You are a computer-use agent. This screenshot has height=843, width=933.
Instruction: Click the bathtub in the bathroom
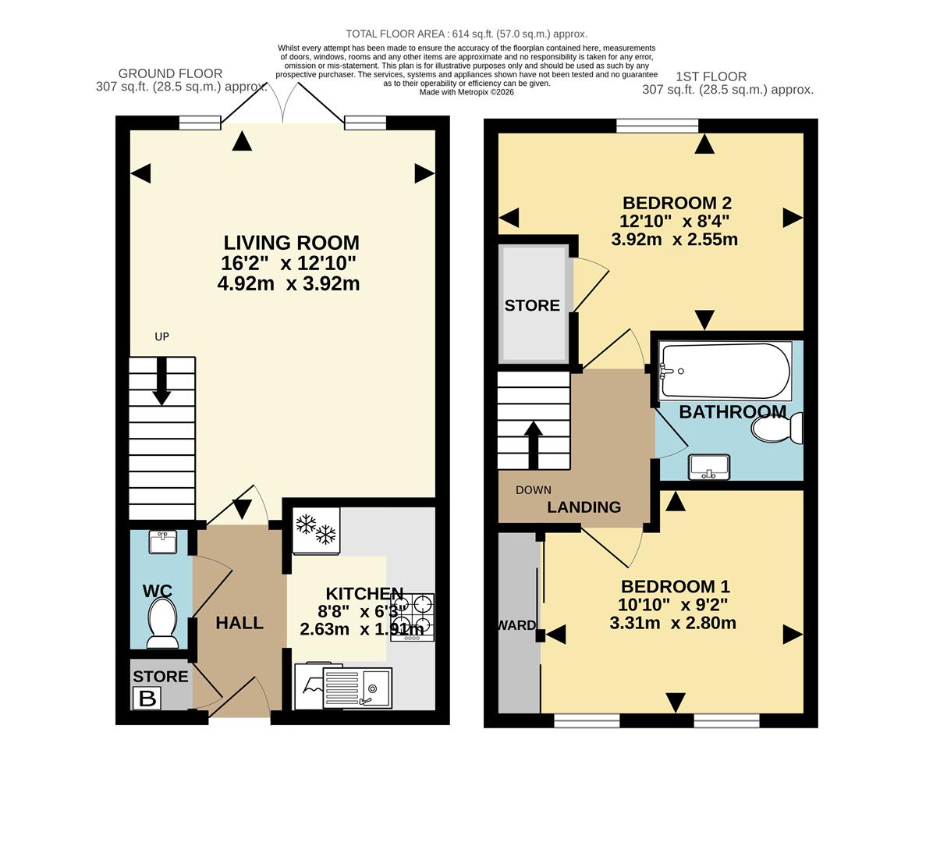coord(725,372)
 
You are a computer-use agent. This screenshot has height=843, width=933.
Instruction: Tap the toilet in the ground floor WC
coord(162,622)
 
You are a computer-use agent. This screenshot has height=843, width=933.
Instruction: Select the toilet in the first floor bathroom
coord(777,429)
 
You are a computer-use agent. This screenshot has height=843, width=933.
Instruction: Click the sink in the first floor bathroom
coord(709,467)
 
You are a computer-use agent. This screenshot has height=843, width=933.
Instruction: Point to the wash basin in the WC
coord(162,542)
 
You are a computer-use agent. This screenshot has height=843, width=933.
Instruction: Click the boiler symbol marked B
coord(147,698)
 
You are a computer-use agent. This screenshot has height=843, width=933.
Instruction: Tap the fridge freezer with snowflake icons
coord(316,530)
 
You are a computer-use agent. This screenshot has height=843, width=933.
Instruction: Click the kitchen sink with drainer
coord(358,688)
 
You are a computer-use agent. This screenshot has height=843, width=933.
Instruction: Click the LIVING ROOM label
coord(291,243)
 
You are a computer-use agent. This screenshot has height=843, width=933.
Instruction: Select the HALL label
coord(239,623)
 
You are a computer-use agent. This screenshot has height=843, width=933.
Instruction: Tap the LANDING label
coord(584,507)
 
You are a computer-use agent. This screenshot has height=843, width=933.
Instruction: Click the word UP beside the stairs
coord(161,337)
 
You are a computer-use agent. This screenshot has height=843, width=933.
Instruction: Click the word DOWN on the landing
coord(534,490)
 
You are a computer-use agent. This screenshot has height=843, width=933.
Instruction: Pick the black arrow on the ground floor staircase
coord(161,382)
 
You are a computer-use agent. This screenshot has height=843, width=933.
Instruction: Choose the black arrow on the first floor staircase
coord(534,445)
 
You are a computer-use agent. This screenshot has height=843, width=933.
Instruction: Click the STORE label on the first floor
coord(532,305)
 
